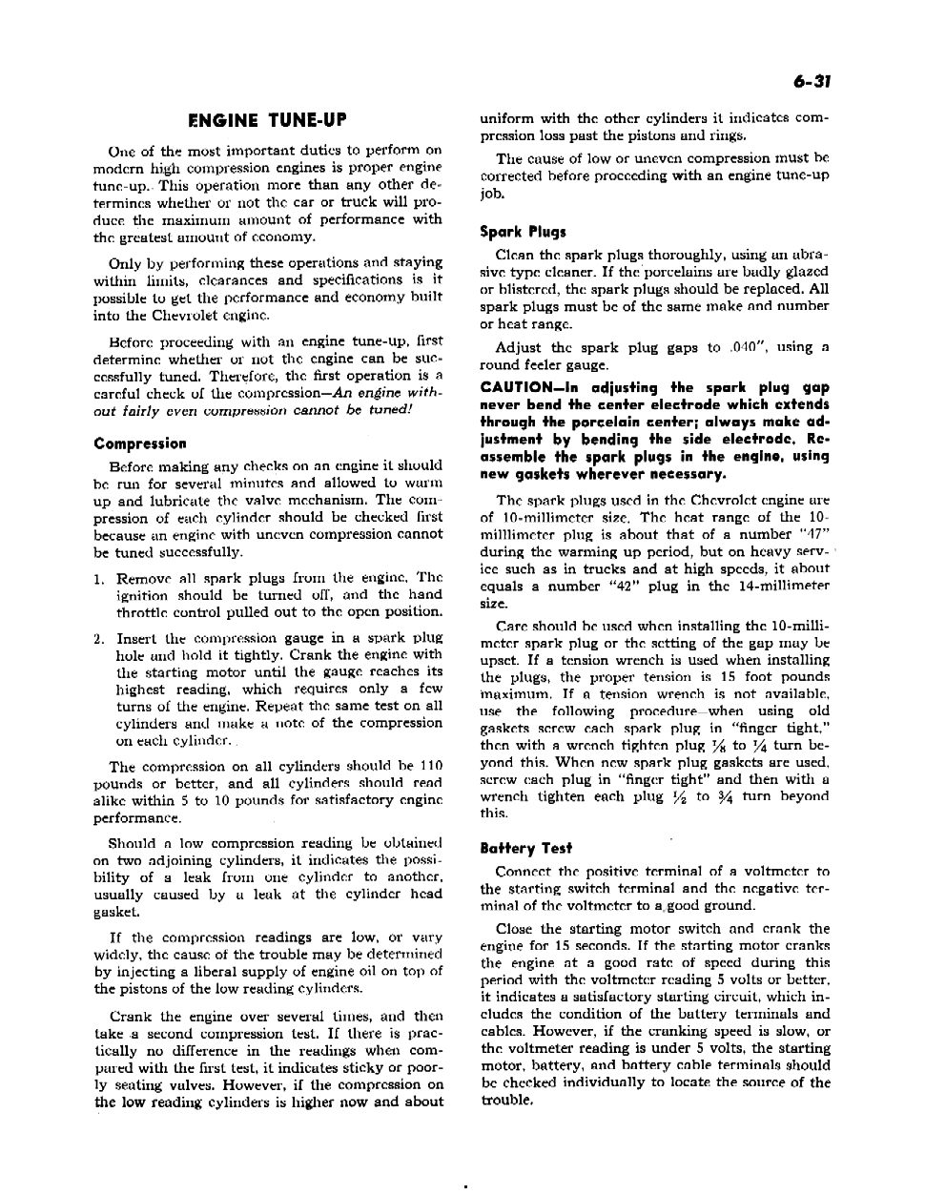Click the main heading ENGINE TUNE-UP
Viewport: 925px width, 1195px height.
pyautogui.click(x=268, y=120)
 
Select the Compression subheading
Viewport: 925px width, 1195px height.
pyautogui.click(x=140, y=443)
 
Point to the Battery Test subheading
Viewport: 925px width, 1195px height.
pyautogui.click(x=526, y=848)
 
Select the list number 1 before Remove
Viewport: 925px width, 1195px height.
pyautogui.click(x=99, y=578)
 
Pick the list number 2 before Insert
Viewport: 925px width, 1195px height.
pyautogui.click(x=99, y=638)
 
